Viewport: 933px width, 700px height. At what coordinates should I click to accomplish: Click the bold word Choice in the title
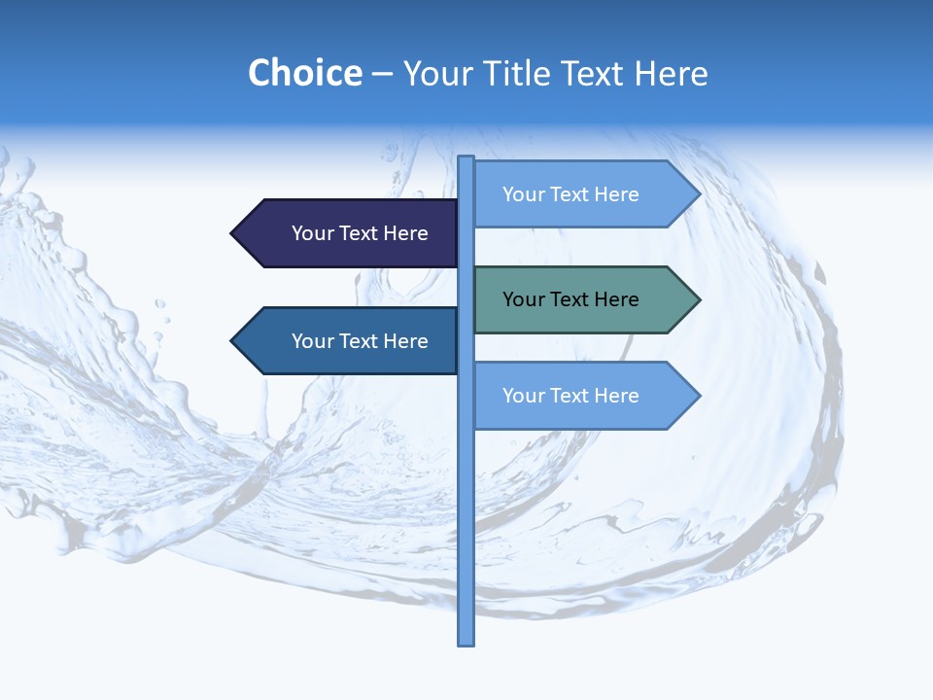pyautogui.click(x=304, y=73)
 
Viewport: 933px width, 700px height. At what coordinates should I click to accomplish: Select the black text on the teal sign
pyautogui.click(x=570, y=299)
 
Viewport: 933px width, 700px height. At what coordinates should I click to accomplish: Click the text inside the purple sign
pyautogui.click(x=360, y=233)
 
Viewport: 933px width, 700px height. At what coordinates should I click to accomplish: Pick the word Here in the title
pyautogui.click(x=672, y=73)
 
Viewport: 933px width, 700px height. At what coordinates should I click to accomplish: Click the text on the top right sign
pyautogui.click(x=570, y=194)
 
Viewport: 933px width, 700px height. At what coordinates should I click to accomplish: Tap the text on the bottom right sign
pyautogui.click(x=570, y=396)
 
